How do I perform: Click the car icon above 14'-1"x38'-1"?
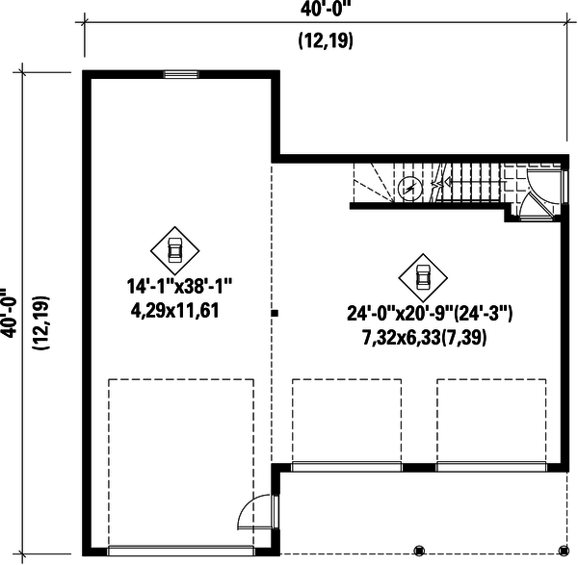click(175, 249)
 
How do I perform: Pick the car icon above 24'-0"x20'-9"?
click(421, 275)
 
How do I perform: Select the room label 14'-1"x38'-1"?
click(180, 287)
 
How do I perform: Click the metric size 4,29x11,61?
click(180, 310)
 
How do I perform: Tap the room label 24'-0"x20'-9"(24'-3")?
click(430, 314)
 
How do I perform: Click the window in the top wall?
click(180, 74)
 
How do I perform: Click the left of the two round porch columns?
click(418, 551)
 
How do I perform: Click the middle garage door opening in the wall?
click(346, 468)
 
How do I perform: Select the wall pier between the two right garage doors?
click(418, 468)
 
